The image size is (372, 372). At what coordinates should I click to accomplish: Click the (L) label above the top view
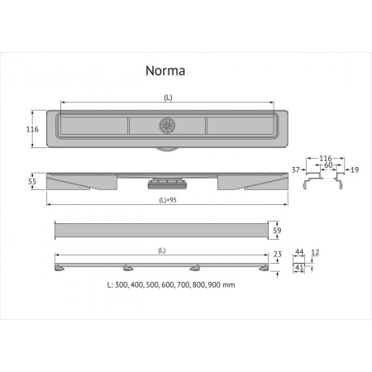[168, 98]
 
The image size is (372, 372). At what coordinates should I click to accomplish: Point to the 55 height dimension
[33, 182]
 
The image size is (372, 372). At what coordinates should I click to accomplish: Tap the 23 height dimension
[277, 255]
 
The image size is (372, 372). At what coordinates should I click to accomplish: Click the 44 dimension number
[298, 251]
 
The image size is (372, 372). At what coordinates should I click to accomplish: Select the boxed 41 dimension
[299, 267]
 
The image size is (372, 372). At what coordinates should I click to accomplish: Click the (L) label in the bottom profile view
[161, 250]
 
